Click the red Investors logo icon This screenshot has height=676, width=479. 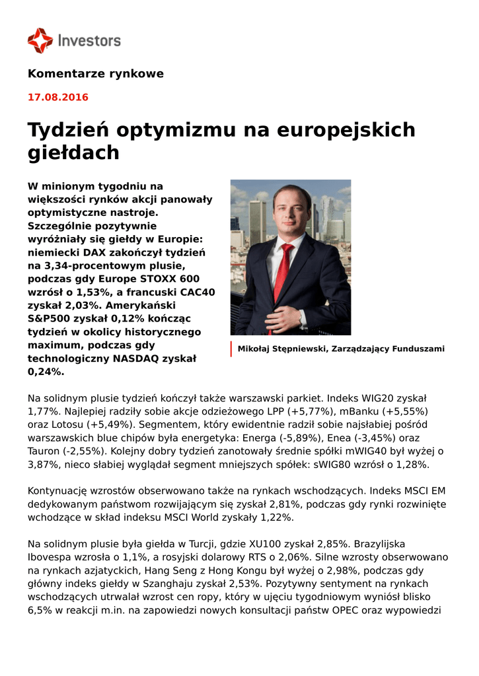tap(40, 40)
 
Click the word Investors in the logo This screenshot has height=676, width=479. tap(89, 41)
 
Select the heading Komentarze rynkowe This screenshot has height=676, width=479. tap(95, 73)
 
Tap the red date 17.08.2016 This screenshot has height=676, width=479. tap(57, 97)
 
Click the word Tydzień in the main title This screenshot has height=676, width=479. tap(69, 129)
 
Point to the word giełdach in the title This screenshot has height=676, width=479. tap(73, 152)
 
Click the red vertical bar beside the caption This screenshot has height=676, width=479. tap(231, 349)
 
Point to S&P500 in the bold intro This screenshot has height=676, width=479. tap(50, 318)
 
